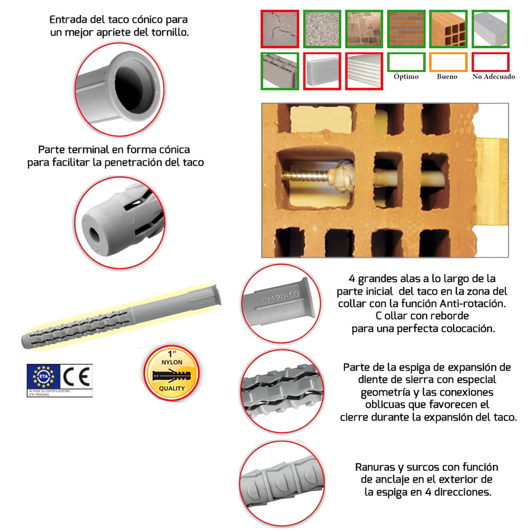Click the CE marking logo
click(78, 376)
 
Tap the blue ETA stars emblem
click(46, 376)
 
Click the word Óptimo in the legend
click(406, 76)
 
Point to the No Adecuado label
click(494, 76)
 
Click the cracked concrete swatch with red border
click(279, 28)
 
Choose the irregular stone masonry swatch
click(364, 28)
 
